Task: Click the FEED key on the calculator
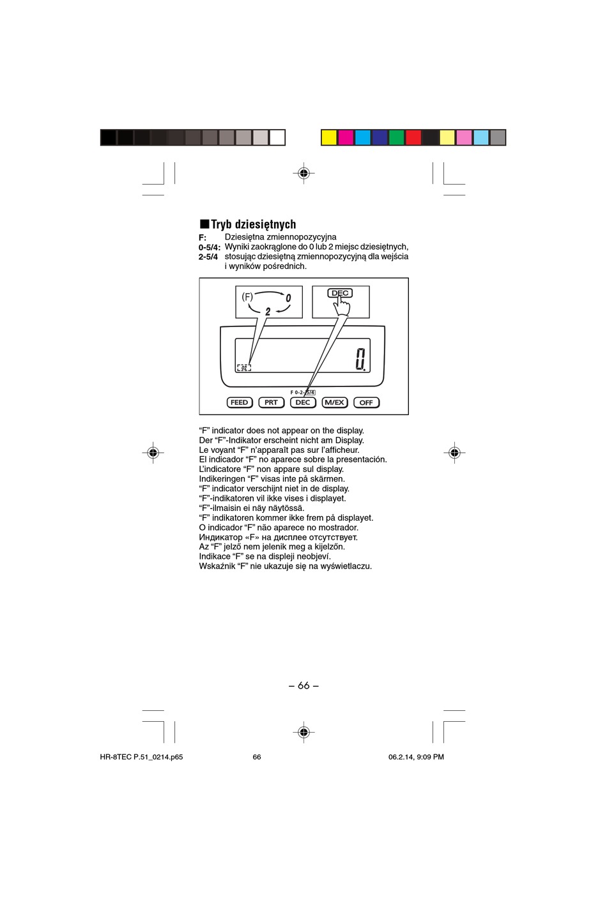pos(239,402)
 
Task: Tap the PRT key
pos(271,402)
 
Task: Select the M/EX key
pos(334,402)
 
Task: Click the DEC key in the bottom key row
pos(303,402)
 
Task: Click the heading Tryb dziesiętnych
pos(248,224)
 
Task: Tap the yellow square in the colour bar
pos(329,137)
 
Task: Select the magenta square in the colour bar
pos(346,137)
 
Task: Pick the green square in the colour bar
pos(397,137)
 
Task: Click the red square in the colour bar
pos(413,137)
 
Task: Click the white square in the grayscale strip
pos(277,137)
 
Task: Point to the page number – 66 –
pos(303,685)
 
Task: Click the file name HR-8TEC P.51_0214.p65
pos(141,757)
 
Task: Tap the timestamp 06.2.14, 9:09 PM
pos(416,757)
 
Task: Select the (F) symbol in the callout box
pos(247,297)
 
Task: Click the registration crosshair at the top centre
pos(304,173)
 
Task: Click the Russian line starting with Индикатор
pos(278,537)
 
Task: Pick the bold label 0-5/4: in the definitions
pos(210,247)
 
